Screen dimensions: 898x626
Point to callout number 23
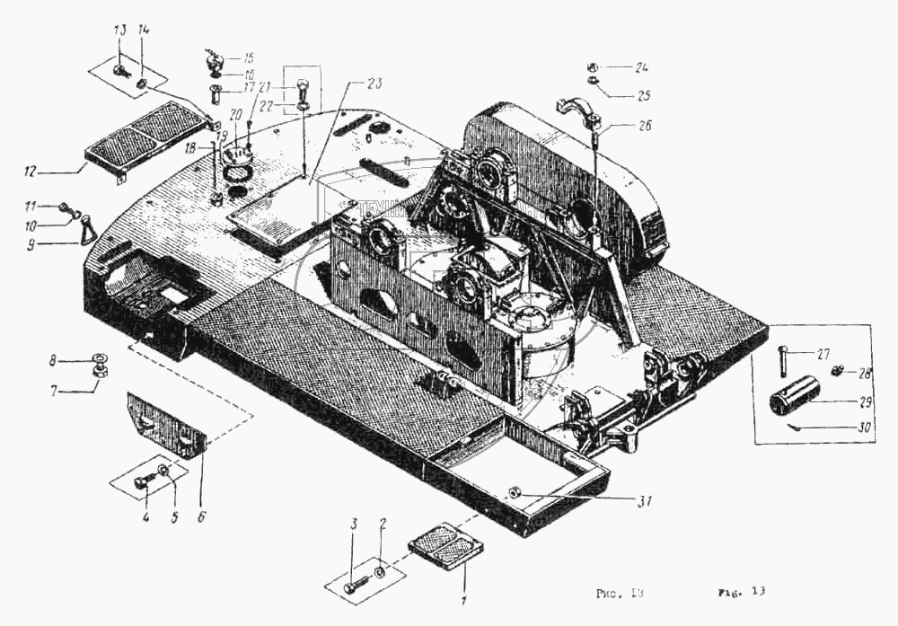[374, 83]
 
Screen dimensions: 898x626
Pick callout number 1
[464, 600]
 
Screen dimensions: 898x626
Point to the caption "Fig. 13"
[741, 592]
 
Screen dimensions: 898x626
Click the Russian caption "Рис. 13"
[621, 593]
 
